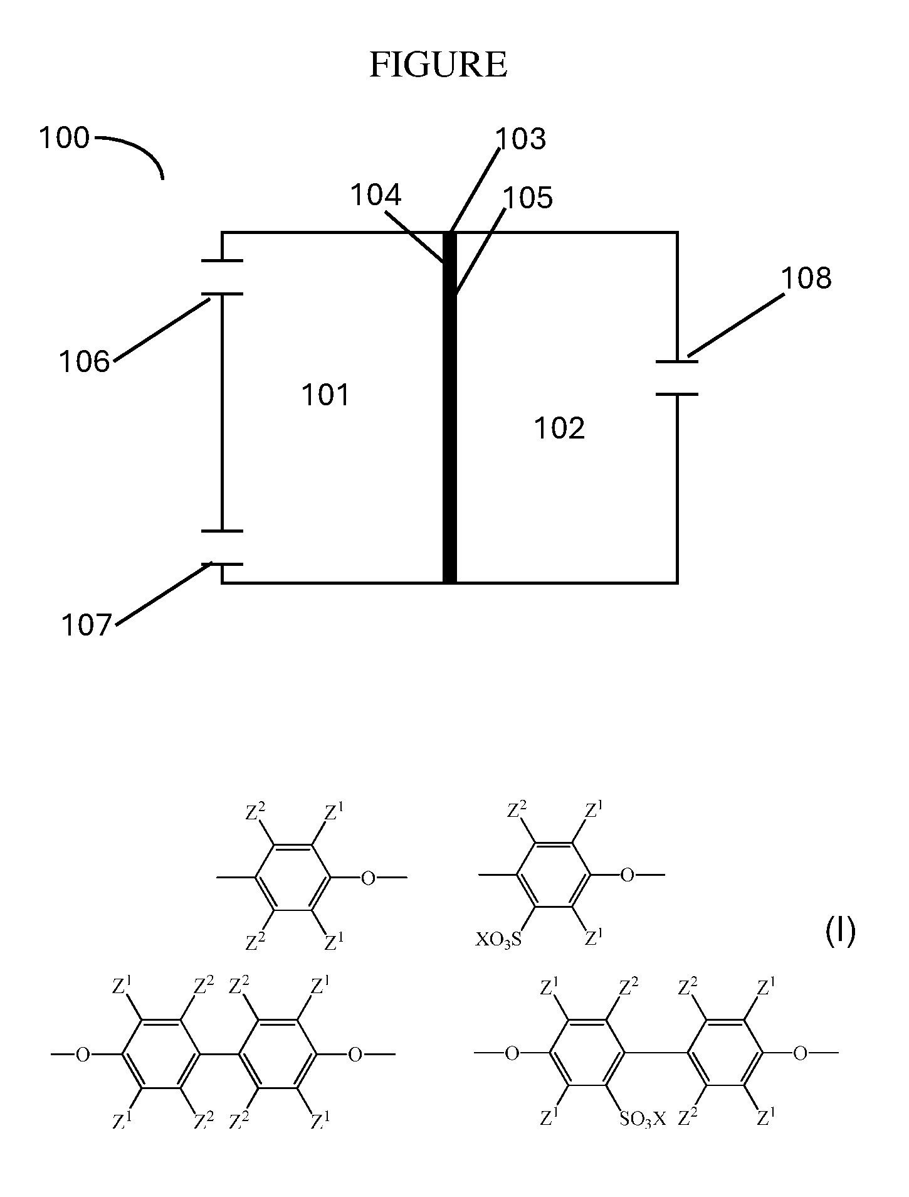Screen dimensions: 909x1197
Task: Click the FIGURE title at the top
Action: (438, 65)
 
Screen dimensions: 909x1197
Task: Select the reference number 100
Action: (65, 137)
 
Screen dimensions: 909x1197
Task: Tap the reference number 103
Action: (521, 139)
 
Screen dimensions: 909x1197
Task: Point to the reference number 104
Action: (376, 195)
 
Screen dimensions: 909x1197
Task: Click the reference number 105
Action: (528, 198)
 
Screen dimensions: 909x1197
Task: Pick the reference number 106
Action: (84, 361)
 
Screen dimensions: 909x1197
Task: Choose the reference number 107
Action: (86, 625)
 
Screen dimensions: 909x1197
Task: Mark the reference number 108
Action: (806, 278)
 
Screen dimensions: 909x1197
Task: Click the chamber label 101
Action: (325, 395)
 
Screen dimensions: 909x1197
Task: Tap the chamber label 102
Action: (559, 428)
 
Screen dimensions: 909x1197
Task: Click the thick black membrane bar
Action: (449, 408)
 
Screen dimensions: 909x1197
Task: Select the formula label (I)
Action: (840, 931)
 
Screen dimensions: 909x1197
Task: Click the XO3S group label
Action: (498, 940)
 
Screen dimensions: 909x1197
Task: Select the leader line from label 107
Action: (164, 594)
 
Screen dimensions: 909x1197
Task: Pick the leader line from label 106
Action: (162, 330)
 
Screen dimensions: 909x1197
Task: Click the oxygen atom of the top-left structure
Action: (368, 878)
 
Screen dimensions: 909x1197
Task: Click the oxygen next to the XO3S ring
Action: (627, 875)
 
